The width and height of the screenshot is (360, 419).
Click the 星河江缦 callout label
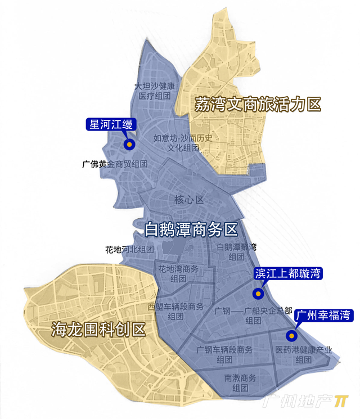(x=109, y=124)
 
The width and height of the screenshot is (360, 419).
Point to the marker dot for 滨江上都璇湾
(x=258, y=293)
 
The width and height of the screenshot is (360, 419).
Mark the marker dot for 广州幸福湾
(x=291, y=336)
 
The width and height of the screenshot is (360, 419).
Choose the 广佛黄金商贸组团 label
(x=115, y=165)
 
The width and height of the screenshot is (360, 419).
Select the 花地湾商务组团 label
(x=179, y=273)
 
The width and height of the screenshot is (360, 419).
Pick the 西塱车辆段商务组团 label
(x=175, y=311)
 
